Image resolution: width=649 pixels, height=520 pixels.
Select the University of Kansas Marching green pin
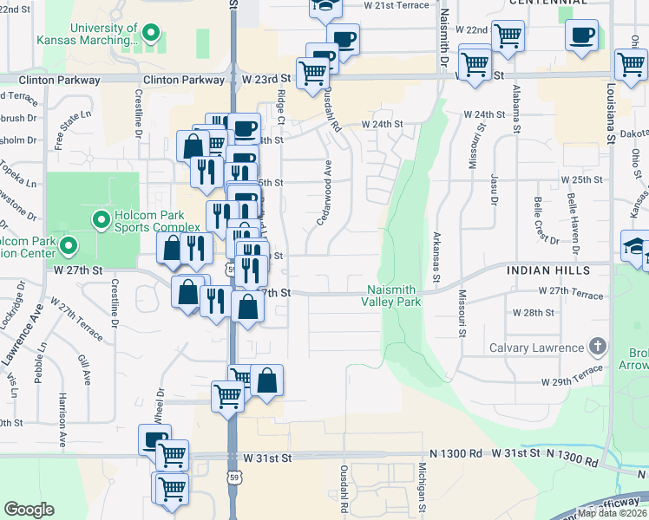pos(151,35)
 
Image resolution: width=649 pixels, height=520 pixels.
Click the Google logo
pos(29,510)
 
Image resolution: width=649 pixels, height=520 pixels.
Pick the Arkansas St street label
pos(436,251)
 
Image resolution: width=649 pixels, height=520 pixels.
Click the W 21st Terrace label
pos(397,5)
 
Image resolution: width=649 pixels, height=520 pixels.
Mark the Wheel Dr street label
pos(159,406)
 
